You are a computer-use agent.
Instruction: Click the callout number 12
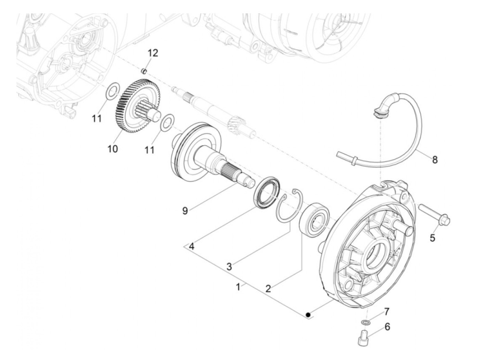point(153,53)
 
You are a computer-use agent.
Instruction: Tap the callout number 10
point(113,149)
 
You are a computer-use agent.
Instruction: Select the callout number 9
point(185,210)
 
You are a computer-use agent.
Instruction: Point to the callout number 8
point(435,159)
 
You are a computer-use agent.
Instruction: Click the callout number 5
point(432,237)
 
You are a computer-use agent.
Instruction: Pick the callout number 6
point(387,327)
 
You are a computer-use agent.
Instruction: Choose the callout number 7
point(386,311)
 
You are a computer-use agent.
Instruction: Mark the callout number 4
point(192,246)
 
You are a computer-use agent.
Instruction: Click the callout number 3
point(229,267)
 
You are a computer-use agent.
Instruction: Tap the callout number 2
point(268,288)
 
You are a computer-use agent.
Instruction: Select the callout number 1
point(238,287)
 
